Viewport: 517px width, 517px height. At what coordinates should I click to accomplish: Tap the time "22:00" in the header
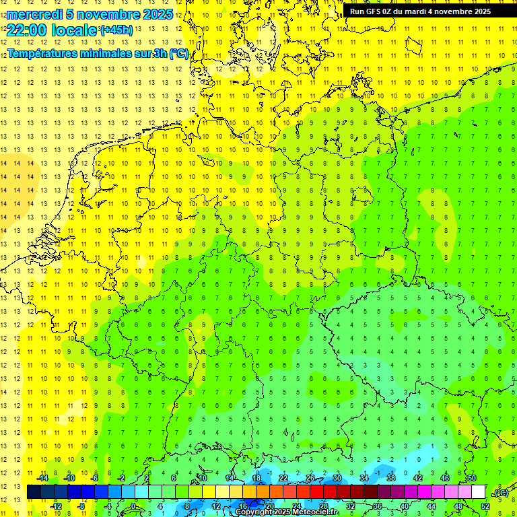[x=25, y=30]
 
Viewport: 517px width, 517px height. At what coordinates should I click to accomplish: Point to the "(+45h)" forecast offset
[x=116, y=30]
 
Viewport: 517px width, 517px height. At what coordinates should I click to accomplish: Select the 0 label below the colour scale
[x=133, y=506]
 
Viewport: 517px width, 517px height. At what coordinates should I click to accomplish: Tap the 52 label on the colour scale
[x=485, y=506]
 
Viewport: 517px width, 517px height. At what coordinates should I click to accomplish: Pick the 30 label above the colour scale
[x=337, y=478]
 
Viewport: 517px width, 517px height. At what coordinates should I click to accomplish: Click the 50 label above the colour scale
[x=471, y=478]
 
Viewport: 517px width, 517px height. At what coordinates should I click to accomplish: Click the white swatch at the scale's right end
[x=478, y=492]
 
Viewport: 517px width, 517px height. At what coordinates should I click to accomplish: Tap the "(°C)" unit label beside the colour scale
[x=500, y=493]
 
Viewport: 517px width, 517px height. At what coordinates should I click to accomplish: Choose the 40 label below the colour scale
[x=404, y=506]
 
